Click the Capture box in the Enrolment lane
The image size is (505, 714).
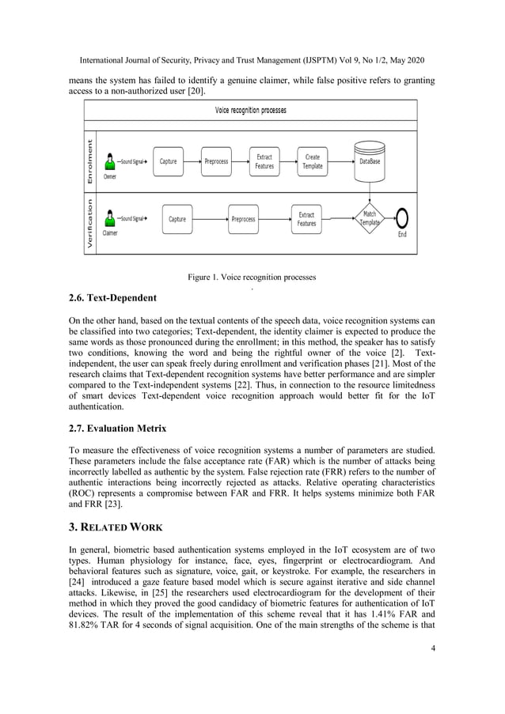[169, 161]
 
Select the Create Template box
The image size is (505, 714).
[313, 161]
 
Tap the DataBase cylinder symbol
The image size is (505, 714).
[370, 157]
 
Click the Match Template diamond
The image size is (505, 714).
[370, 218]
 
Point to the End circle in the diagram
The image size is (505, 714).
[402, 218]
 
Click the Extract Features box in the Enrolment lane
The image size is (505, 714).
[264, 161]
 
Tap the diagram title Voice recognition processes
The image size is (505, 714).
[251, 110]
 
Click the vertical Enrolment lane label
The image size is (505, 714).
[90, 162]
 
